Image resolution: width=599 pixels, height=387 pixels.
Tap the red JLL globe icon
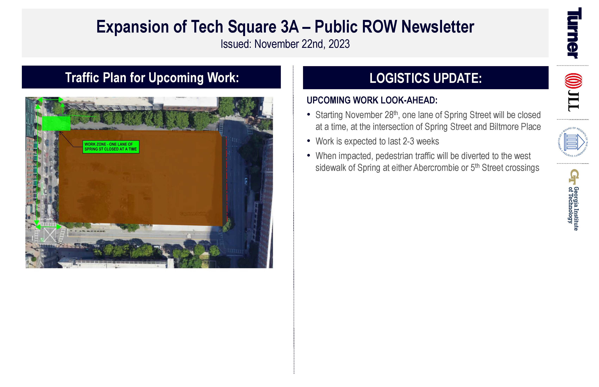click(574, 81)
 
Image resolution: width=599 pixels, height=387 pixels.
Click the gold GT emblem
click(574, 177)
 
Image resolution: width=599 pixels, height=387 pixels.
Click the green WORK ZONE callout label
click(111, 147)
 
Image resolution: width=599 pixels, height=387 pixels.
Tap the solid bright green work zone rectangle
click(56, 123)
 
